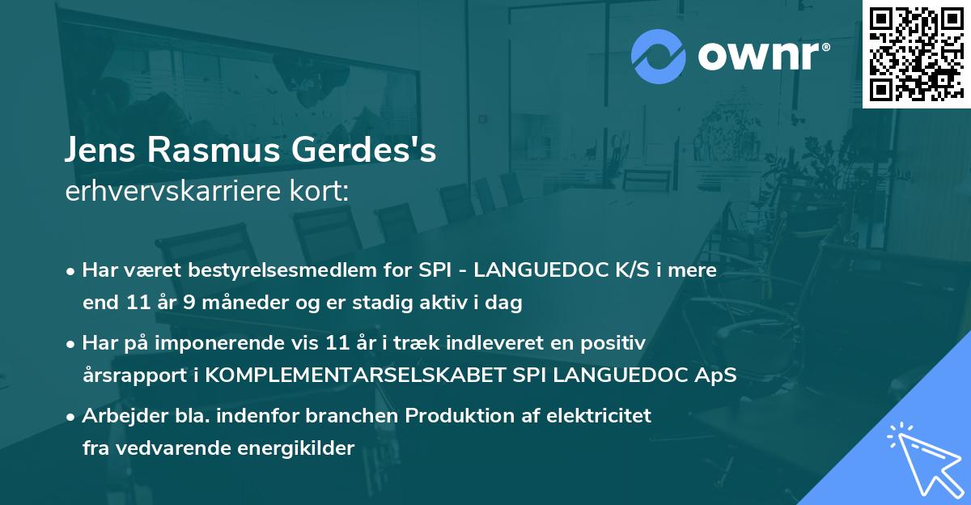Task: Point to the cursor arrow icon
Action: click(922, 457)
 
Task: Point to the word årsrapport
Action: click(128, 376)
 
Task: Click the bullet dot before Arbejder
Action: click(72, 417)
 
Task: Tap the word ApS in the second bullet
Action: click(718, 376)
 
